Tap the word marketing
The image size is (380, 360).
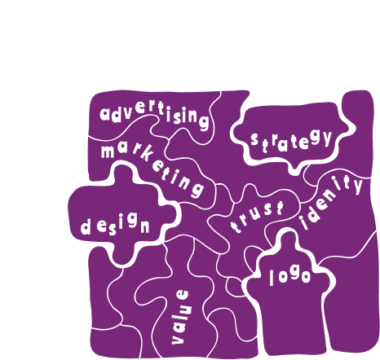(152, 168)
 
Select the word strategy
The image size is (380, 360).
(291, 141)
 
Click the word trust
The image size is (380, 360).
(257, 217)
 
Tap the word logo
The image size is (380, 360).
(289, 276)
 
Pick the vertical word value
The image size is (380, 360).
(179, 317)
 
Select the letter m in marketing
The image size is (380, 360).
(108, 151)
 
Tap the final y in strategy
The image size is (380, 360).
(327, 138)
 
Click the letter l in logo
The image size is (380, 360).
(272, 278)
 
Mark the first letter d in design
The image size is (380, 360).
(86, 226)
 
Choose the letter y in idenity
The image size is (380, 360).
(357, 186)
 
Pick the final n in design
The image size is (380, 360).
(145, 226)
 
